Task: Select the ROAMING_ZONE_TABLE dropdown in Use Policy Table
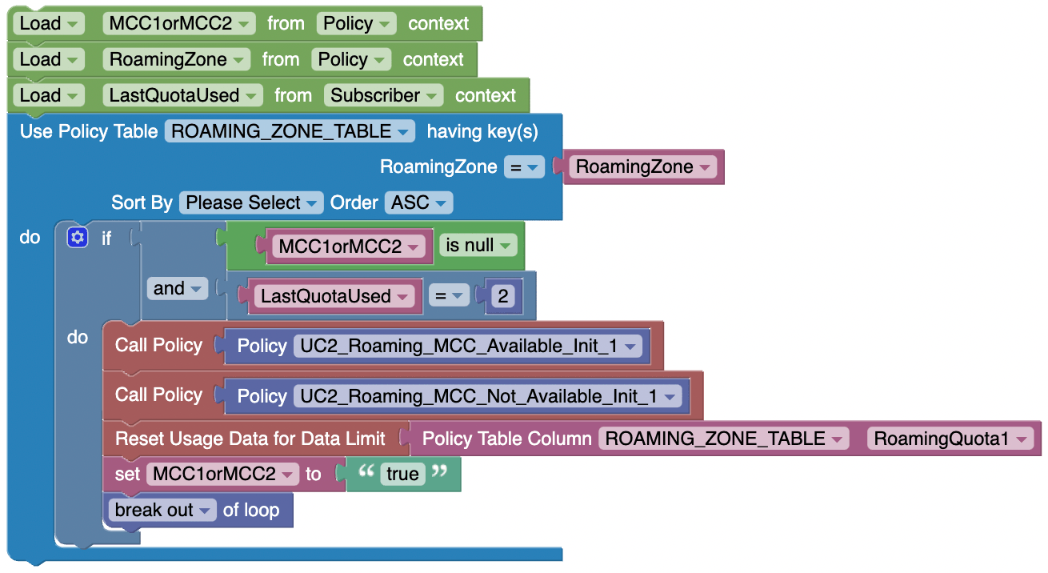[290, 131]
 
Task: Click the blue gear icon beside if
[78, 238]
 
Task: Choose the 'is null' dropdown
[478, 246]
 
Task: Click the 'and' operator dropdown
[176, 289]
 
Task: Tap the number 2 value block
[503, 296]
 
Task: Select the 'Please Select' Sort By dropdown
[251, 202]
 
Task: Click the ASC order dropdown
[418, 202]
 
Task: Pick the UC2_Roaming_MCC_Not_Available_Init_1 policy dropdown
[487, 395]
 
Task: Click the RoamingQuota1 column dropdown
[950, 438]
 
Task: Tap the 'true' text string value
[402, 474]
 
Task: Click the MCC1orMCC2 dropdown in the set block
[222, 474]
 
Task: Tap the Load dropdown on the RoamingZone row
[48, 59]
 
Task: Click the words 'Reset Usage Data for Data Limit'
[250, 438]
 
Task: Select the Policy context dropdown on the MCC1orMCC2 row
[356, 23]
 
